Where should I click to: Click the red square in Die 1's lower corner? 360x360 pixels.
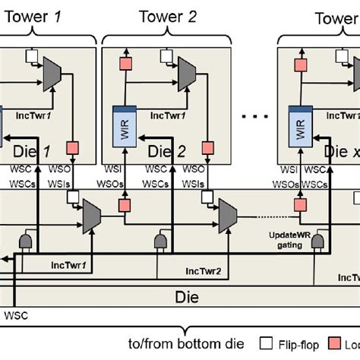pyautogui.click(x=74, y=147)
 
